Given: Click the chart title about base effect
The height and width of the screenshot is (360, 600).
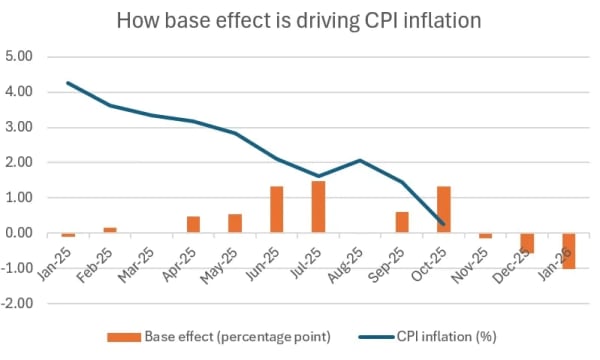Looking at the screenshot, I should (299, 20).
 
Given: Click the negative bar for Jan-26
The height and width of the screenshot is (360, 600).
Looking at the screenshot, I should (569, 251).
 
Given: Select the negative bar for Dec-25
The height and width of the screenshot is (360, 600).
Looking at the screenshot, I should (527, 243).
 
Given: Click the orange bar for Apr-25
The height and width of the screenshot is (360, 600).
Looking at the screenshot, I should (193, 225).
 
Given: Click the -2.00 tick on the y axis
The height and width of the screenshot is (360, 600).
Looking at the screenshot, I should (20, 304).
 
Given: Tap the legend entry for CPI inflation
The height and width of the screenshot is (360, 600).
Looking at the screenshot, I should (441, 340).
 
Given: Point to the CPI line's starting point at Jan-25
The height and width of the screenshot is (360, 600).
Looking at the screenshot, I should (68, 82).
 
